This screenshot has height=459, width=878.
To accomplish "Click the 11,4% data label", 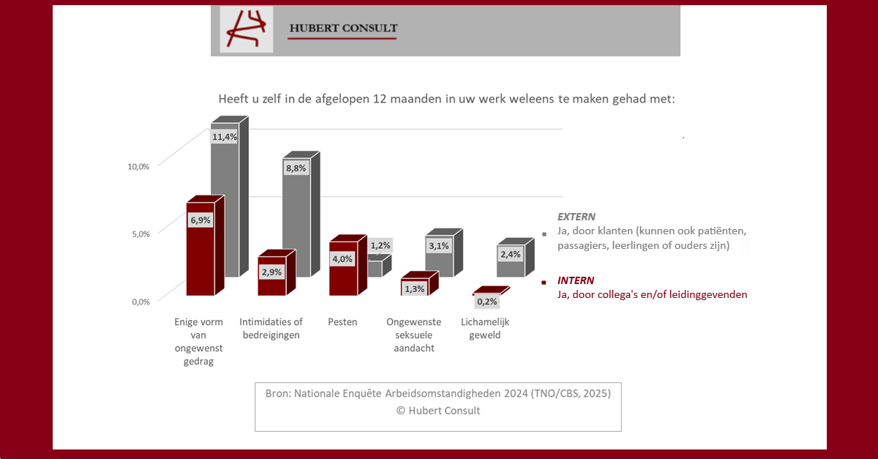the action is click(225, 137).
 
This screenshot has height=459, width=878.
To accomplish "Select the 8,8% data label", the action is click(296, 168).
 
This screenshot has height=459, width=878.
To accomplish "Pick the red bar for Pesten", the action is click(348, 265).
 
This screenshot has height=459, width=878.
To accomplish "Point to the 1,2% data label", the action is click(380, 245).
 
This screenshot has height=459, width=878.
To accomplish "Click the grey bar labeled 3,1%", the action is click(444, 253).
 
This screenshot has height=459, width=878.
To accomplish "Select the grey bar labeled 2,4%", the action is click(515, 258).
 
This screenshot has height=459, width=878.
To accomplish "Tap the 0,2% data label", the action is click(487, 302).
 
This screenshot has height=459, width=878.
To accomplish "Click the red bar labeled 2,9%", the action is click(277, 272).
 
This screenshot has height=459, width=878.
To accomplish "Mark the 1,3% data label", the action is click(414, 289).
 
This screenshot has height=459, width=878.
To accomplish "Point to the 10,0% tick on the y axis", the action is click(138, 167).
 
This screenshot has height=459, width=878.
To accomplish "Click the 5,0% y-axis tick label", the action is click(140, 234).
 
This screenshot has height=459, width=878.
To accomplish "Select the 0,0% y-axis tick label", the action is click(140, 302).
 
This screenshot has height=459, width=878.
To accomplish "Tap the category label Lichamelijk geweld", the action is click(485, 329).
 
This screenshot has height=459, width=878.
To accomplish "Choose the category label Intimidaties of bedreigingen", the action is click(271, 329).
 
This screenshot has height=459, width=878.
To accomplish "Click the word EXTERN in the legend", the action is click(577, 217).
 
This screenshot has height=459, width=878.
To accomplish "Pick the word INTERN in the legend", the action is click(575, 280).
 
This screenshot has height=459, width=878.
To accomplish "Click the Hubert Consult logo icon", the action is click(246, 29).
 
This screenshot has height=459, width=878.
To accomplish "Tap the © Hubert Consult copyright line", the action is click(438, 411).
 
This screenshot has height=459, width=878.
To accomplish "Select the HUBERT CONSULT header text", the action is click(343, 29).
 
